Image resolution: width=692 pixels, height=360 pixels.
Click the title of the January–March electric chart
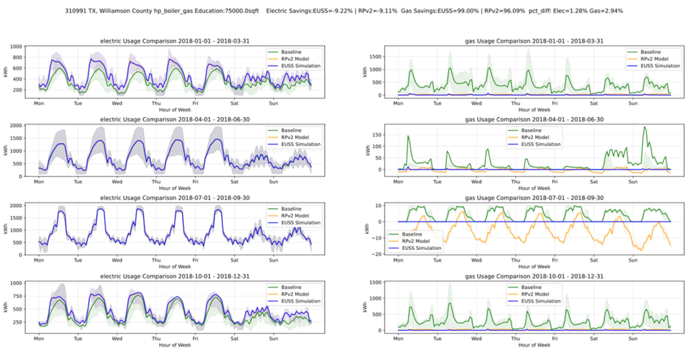click(175, 41)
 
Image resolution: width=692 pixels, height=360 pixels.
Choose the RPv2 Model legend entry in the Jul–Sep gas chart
click(420, 240)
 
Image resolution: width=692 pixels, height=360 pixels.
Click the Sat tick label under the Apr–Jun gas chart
click(593, 182)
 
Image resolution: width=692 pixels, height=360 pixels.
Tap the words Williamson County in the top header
click(141, 11)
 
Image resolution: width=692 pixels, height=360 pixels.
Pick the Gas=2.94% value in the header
click(606, 11)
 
